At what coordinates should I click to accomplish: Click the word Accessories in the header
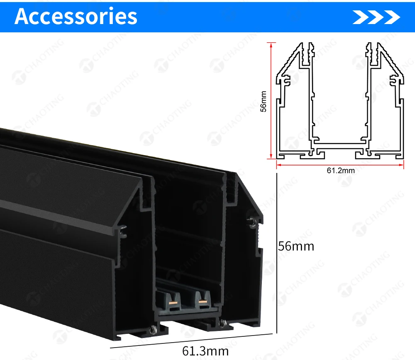(x=76, y=17)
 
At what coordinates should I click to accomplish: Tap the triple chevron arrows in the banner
(x=376, y=17)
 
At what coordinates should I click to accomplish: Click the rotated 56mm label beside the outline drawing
(x=264, y=102)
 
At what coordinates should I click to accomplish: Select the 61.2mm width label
(x=341, y=170)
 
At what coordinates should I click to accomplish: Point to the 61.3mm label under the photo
(x=205, y=351)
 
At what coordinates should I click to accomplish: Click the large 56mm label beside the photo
(x=296, y=246)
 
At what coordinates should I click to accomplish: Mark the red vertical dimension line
(x=271, y=100)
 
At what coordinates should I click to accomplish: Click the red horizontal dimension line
(x=340, y=165)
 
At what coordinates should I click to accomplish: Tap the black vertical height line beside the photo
(x=277, y=253)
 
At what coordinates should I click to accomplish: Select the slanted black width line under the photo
(x=191, y=341)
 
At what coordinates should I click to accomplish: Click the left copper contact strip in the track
(x=173, y=302)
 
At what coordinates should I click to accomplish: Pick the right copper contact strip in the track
(x=203, y=302)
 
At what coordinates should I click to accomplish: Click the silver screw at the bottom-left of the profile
(x=153, y=330)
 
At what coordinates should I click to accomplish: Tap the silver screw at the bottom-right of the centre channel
(x=222, y=323)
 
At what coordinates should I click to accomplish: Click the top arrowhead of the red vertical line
(x=271, y=44)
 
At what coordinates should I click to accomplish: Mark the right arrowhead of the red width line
(x=401, y=165)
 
